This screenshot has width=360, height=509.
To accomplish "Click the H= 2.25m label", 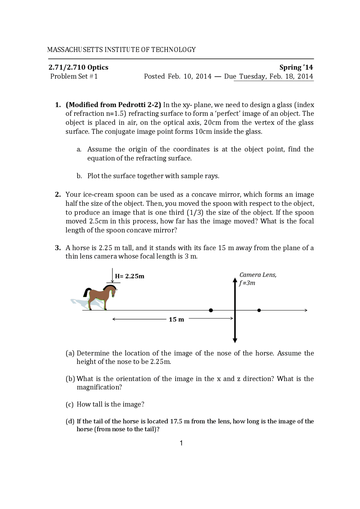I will pyautogui.click(x=130, y=276).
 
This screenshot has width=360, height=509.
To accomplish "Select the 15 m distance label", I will pyautogui.click(x=176, y=320).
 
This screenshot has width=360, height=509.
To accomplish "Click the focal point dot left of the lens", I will pyautogui.click(x=211, y=310).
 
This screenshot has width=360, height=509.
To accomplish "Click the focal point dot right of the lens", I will pyautogui.click(x=259, y=310).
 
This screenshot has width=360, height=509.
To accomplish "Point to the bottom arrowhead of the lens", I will pyautogui.click(x=235, y=340).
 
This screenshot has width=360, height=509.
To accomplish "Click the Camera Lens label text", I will pyautogui.click(x=258, y=275).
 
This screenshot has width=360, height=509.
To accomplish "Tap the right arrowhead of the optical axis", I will pyautogui.click(x=306, y=310).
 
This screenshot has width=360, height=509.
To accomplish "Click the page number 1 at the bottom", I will pyautogui.click(x=181, y=443).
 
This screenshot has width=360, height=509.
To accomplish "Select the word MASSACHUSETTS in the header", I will pyautogui.click(x=75, y=50).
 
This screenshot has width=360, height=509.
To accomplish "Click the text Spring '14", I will pyautogui.click(x=296, y=67).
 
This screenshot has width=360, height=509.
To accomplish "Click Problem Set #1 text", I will pyautogui.click(x=74, y=76).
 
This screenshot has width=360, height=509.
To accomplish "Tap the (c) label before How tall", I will pyautogui.click(x=69, y=404).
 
